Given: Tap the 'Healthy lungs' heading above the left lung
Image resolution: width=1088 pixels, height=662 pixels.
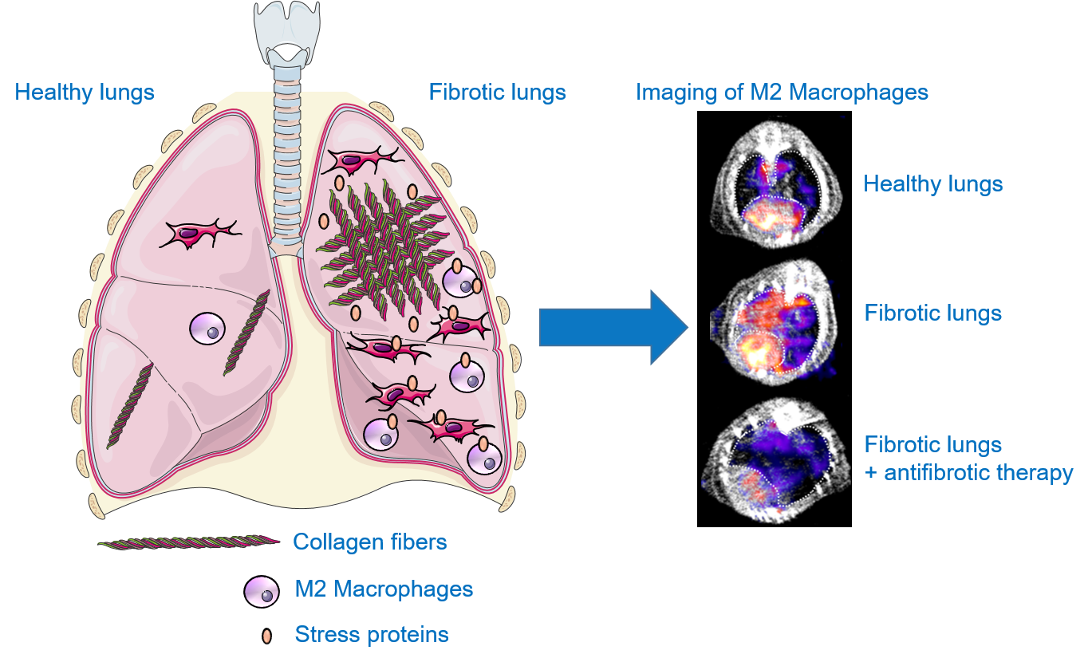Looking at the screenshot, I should point(85,93).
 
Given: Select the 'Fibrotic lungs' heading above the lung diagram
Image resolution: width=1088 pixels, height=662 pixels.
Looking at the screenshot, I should point(497,93).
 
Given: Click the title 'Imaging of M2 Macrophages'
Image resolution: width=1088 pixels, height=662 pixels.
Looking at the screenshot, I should point(782,93).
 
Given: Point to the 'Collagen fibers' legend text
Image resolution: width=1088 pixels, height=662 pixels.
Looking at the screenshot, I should point(370,542).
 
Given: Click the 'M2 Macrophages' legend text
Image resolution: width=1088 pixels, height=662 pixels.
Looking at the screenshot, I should point(384,589).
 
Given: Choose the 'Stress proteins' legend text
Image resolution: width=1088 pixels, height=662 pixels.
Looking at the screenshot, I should point(372,635).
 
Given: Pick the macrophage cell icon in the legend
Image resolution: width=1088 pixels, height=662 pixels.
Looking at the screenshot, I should point(262,591).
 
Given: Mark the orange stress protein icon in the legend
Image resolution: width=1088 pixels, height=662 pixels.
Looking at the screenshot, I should point(266,636).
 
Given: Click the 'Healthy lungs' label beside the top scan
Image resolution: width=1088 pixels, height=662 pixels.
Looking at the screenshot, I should point(932,184).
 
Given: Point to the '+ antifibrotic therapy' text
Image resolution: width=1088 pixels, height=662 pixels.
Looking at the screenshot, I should point(969,473).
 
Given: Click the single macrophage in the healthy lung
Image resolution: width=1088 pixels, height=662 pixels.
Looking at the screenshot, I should point(208,327).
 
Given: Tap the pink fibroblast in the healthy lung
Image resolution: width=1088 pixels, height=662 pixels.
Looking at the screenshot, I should point(199,234).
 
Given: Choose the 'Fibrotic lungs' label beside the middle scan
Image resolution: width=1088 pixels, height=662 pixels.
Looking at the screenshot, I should point(932,313).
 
